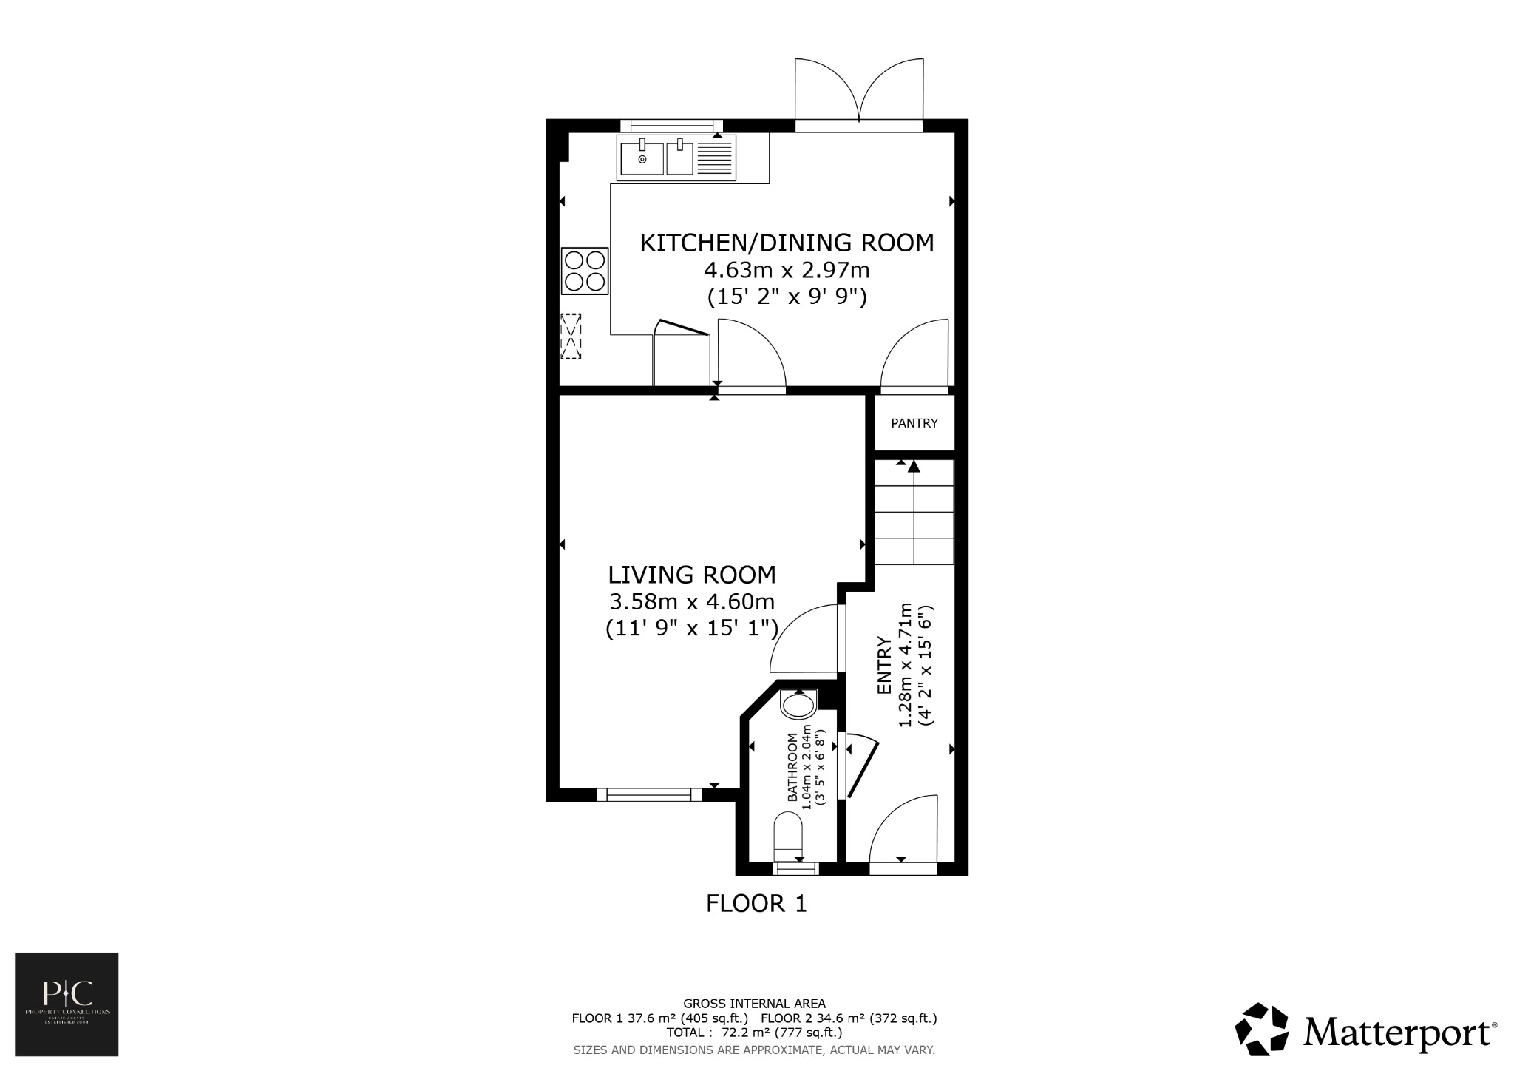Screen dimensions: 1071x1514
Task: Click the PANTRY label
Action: pyautogui.click(x=914, y=423)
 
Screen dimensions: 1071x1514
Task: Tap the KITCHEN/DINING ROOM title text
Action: pyautogui.click(x=787, y=243)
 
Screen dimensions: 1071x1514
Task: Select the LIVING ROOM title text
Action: pyautogui.click(x=692, y=575)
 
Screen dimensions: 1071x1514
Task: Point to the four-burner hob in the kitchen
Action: pyautogui.click(x=585, y=271)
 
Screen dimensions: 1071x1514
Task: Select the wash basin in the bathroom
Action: pyautogui.click(x=798, y=704)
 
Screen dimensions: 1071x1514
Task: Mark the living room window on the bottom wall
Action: pyautogui.click(x=649, y=794)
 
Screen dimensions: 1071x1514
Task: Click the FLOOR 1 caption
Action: pyautogui.click(x=756, y=903)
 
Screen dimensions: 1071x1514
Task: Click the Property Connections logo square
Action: pyautogui.click(x=67, y=1004)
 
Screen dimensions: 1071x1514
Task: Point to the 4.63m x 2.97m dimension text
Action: pyautogui.click(x=787, y=270)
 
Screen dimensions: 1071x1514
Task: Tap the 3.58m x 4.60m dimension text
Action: pyautogui.click(x=692, y=601)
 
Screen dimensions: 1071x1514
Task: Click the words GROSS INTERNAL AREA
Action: pyautogui.click(x=754, y=1004)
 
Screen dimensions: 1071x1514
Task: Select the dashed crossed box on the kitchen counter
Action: pyautogui.click(x=571, y=337)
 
